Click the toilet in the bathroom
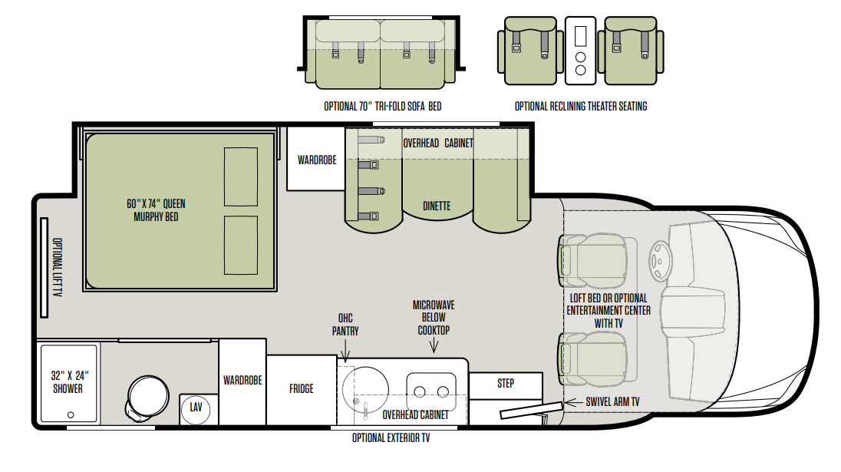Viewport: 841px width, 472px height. pyautogui.click(x=147, y=397)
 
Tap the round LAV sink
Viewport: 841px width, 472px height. pyautogui.click(x=196, y=408)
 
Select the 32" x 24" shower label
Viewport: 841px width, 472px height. pyautogui.click(x=69, y=382)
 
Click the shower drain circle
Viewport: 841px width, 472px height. pyautogui.click(x=71, y=414)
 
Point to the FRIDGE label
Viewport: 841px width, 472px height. pyautogui.click(x=301, y=389)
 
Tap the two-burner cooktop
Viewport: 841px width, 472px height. pyautogui.click(x=431, y=392)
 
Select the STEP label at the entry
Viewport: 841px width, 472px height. pyautogui.click(x=505, y=384)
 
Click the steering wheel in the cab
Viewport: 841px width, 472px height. pyautogui.click(x=660, y=261)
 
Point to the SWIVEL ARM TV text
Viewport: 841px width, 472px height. pyautogui.click(x=612, y=401)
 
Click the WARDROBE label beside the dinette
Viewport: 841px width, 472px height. pyautogui.click(x=317, y=160)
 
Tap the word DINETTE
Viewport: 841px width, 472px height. pyautogui.click(x=437, y=206)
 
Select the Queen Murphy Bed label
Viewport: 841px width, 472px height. pyautogui.click(x=156, y=210)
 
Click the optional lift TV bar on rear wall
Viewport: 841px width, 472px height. pyautogui.click(x=44, y=268)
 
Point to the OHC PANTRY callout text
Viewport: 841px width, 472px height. pyautogui.click(x=345, y=325)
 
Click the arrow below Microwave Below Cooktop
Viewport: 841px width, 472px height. pyautogui.click(x=434, y=346)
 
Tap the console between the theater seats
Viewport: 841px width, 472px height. pyautogui.click(x=580, y=51)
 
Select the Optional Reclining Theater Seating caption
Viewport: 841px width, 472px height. pyautogui.click(x=581, y=106)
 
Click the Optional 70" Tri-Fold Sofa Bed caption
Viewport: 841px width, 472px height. pyautogui.click(x=382, y=106)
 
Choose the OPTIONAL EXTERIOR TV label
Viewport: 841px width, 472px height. pyautogui.click(x=391, y=438)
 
